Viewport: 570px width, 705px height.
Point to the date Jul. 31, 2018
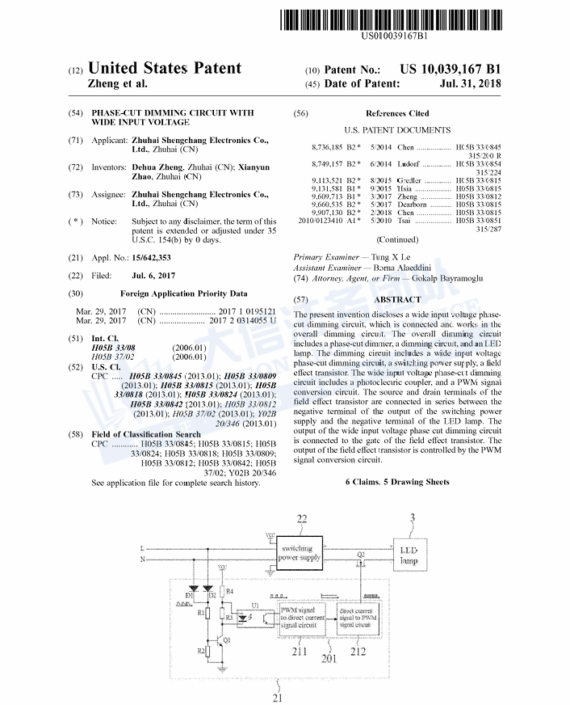pyautogui.click(x=470, y=84)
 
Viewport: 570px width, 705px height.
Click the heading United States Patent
pyautogui.click(x=165, y=69)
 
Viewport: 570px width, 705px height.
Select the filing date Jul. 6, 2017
pyautogui.click(x=153, y=276)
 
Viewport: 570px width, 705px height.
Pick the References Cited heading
pyautogui.click(x=397, y=113)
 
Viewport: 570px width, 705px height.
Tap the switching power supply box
pyautogui.click(x=300, y=553)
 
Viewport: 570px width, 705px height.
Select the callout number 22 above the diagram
pyautogui.click(x=302, y=517)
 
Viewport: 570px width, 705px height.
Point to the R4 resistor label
pyautogui.click(x=229, y=592)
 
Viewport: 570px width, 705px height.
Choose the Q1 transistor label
pyautogui.click(x=227, y=640)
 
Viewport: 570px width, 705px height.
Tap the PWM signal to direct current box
pyautogui.click(x=302, y=616)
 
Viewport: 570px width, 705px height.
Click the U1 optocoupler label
pyautogui.click(x=255, y=605)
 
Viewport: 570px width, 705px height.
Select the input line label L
pyautogui.click(x=143, y=547)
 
